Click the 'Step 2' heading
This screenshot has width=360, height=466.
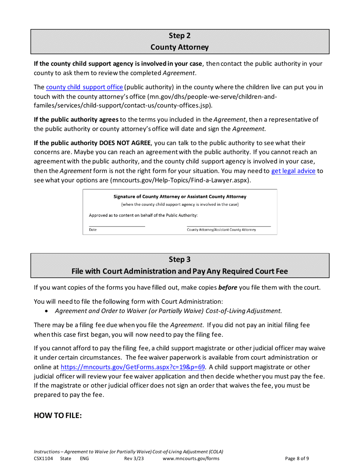coord(180,36)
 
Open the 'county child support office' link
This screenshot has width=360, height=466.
coord(85,87)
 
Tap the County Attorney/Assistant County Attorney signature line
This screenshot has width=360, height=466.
coord(229,226)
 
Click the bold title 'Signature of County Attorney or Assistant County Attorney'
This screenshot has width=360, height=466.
coord(180,197)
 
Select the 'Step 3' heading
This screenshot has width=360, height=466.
coord(180,260)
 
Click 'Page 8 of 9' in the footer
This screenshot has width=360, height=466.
coord(297,458)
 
